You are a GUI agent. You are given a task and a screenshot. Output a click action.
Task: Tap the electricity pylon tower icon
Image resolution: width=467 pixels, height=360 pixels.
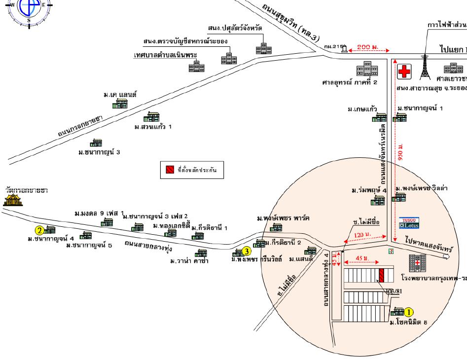coord(423,67)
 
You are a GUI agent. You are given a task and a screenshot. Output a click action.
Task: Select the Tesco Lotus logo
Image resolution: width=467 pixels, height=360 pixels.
coord(407,223)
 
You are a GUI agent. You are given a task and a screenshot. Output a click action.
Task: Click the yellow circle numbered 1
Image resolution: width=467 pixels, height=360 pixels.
coord(409,312)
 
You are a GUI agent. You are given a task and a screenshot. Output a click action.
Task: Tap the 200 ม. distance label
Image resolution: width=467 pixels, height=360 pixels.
coord(367,47)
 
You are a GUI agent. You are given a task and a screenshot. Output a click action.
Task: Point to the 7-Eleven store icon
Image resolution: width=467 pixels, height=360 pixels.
coord(391,251)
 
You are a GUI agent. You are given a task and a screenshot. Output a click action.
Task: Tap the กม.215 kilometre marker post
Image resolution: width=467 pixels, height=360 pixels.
coord(344,48)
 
